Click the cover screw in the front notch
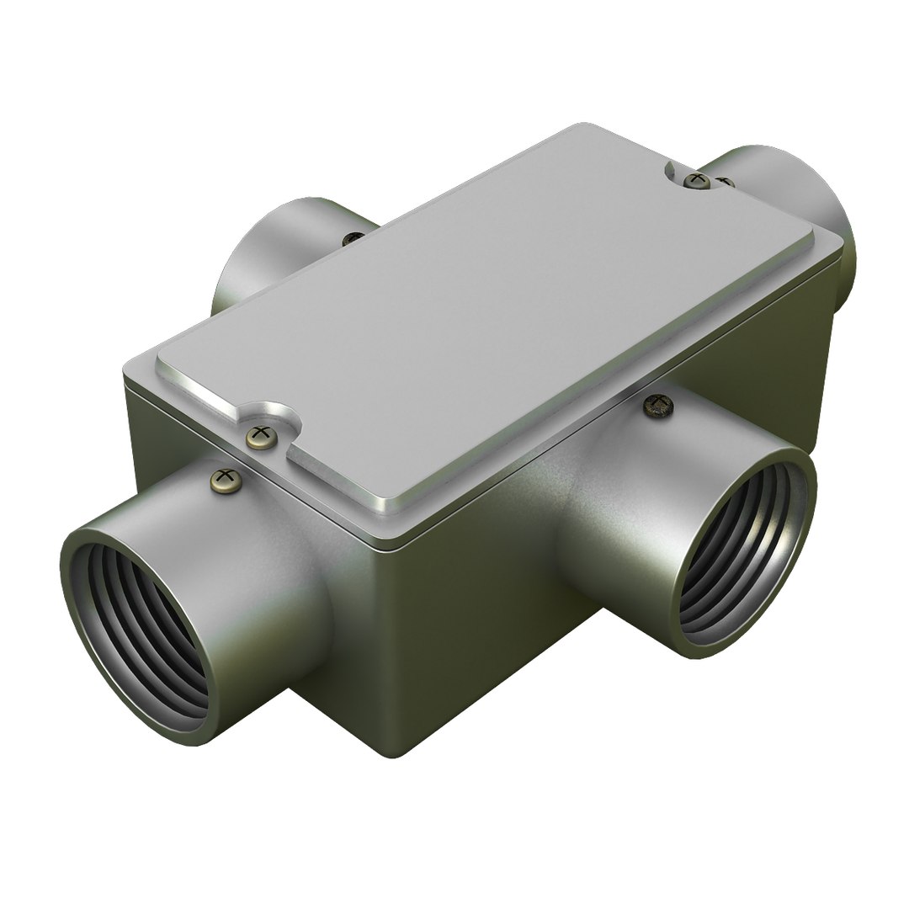(x=262, y=436)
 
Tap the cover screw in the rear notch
(x=696, y=178)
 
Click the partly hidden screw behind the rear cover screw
(x=724, y=181)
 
